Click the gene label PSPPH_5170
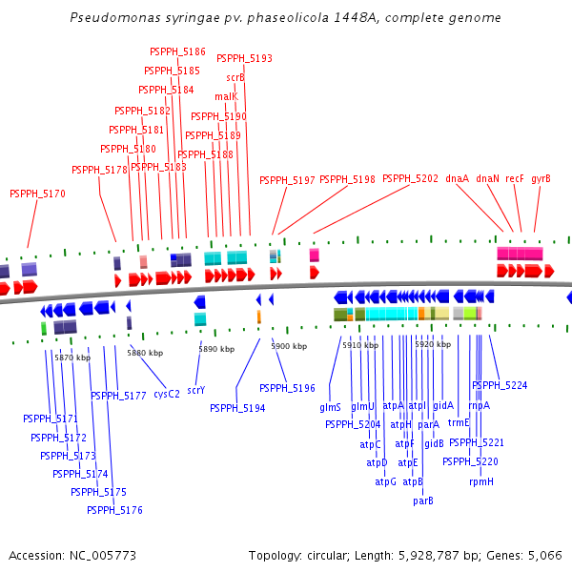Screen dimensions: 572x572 [37, 194]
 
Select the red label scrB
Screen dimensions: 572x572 [235, 77]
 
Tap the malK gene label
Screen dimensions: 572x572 [226, 96]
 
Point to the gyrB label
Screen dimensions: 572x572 [541, 178]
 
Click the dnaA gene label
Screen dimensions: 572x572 [458, 178]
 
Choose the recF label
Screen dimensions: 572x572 [515, 178]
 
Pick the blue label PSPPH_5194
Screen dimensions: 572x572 [237, 408]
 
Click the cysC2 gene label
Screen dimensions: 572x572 [167, 393]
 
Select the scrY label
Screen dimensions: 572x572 [196, 390]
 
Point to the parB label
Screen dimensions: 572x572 [423, 500]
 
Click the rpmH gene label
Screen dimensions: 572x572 [481, 481]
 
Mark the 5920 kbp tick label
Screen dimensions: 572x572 [432, 344]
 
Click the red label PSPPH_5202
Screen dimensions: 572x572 [410, 178]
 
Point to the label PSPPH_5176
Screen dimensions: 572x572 [114, 510]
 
